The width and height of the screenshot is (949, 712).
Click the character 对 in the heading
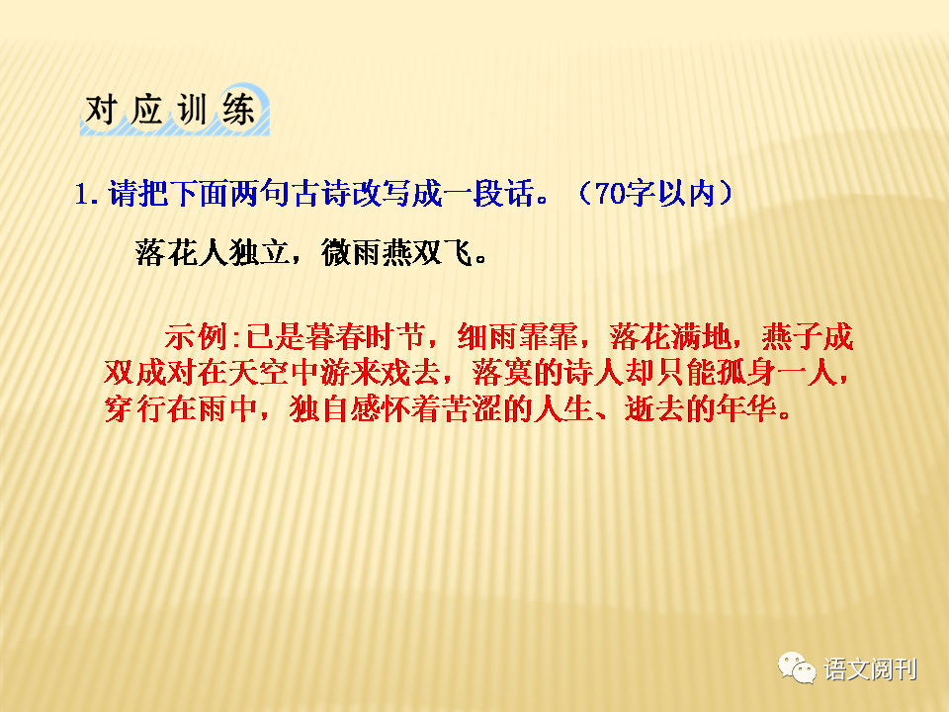click(101, 110)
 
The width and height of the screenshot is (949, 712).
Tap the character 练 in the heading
click(238, 110)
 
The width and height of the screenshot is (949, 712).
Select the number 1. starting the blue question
click(86, 194)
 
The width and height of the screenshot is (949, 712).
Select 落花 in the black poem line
click(166, 252)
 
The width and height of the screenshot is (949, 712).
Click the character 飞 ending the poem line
click(457, 252)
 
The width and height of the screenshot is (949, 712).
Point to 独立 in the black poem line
click(259, 252)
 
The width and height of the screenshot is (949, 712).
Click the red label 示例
click(195, 336)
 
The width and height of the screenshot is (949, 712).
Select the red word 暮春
click(335, 336)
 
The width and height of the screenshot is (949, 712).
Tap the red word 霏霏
click(549, 336)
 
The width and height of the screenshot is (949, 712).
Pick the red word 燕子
click(792, 336)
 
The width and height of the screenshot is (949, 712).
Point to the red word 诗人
click(594, 373)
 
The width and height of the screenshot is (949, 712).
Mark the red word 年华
click(747, 409)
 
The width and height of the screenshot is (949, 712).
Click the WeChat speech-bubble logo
click(797, 667)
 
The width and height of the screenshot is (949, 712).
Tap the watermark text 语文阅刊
click(870, 669)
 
